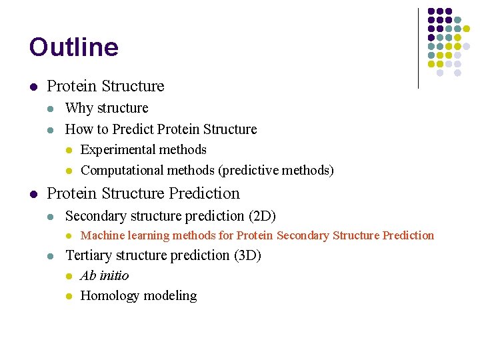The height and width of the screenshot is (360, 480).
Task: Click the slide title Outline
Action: [x=73, y=47]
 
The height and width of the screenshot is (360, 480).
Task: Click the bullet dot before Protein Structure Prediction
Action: [x=33, y=194]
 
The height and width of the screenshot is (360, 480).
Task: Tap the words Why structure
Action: [x=107, y=108]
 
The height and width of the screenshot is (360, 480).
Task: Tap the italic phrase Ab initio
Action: [x=105, y=276]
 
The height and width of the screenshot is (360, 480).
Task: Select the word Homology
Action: [x=108, y=296]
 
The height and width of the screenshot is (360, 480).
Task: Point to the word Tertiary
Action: [x=90, y=255]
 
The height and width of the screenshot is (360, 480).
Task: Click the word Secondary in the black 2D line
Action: [x=93, y=216]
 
